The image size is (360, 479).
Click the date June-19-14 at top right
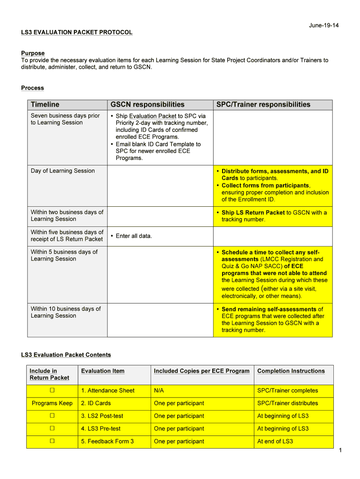(x=324, y=25)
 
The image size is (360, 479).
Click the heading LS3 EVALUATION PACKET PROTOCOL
(x=77, y=32)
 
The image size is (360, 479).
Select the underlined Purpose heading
(x=33, y=53)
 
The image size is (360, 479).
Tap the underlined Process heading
(x=32, y=88)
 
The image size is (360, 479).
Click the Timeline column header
(x=45, y=104)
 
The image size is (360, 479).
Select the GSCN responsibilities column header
(x=147, y=104)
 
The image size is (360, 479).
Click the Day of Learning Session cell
(x=63, y=171)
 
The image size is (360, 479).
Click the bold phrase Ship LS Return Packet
(x=253, y=212)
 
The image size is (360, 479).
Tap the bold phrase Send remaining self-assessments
(x=269, y=309)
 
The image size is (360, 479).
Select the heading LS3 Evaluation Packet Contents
(x=66, y=355)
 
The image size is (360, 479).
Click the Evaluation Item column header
(x=103, y=371)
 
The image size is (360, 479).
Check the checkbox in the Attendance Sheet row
(x=52, y=390)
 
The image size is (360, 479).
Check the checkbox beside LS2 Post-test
(x=52, y=415)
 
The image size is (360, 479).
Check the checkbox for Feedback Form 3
(x=52, y=441)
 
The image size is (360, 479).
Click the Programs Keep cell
(x=52, y=403)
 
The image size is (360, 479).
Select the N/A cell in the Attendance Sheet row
(x=159, y=391)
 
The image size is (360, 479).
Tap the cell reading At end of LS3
(x=275, y=441)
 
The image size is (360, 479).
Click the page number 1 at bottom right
(x=341, y=450)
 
